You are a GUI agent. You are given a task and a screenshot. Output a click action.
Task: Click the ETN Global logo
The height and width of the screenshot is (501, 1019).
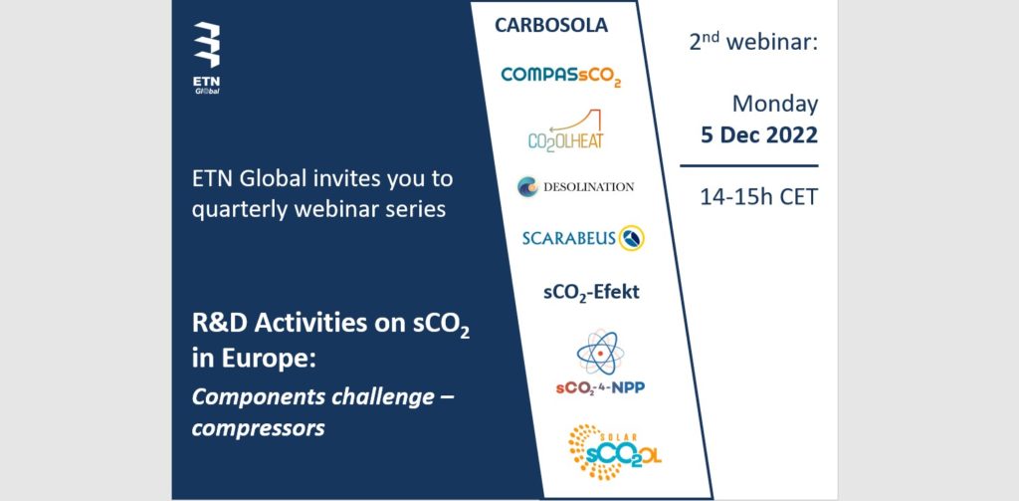[x=207, y=58]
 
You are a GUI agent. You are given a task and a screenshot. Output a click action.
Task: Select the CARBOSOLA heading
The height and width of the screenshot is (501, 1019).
[x=551, y=25]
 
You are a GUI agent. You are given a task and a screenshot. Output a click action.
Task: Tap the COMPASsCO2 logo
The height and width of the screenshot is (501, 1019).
[x=561, y=76]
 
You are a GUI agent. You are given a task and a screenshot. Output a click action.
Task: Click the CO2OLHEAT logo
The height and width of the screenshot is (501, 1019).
[x=565, y=130]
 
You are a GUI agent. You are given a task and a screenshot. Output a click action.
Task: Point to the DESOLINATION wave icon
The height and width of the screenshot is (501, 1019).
[x=527, y=186]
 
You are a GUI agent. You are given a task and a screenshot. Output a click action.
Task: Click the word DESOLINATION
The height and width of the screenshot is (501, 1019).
[x=587, y=187]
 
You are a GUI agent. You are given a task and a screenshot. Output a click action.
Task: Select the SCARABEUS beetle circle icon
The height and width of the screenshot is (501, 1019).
[x=631, y=238]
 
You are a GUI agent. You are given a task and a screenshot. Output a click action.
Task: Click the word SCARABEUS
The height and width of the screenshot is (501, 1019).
[x=568, y=239]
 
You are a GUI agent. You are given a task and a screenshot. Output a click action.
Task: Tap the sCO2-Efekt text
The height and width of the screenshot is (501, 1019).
[x=591, y=292]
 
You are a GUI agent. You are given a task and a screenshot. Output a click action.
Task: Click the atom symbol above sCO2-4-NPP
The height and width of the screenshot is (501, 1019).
[x=600, y=352]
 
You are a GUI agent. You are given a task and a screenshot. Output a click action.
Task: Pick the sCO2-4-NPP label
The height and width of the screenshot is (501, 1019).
[x=600, y=387]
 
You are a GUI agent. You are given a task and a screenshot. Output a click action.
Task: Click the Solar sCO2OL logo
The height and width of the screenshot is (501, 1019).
[x=613, y=451]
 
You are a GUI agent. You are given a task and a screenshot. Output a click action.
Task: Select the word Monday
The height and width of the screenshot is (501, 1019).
[x=775, y=105]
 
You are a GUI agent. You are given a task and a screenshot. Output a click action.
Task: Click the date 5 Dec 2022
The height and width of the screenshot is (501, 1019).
[x=759, y=135]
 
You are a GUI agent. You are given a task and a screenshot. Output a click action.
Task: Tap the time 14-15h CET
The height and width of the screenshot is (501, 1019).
[x=758, y=196]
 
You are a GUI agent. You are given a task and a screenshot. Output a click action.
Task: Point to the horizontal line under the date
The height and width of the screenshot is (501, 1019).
[x=748, y=166]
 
